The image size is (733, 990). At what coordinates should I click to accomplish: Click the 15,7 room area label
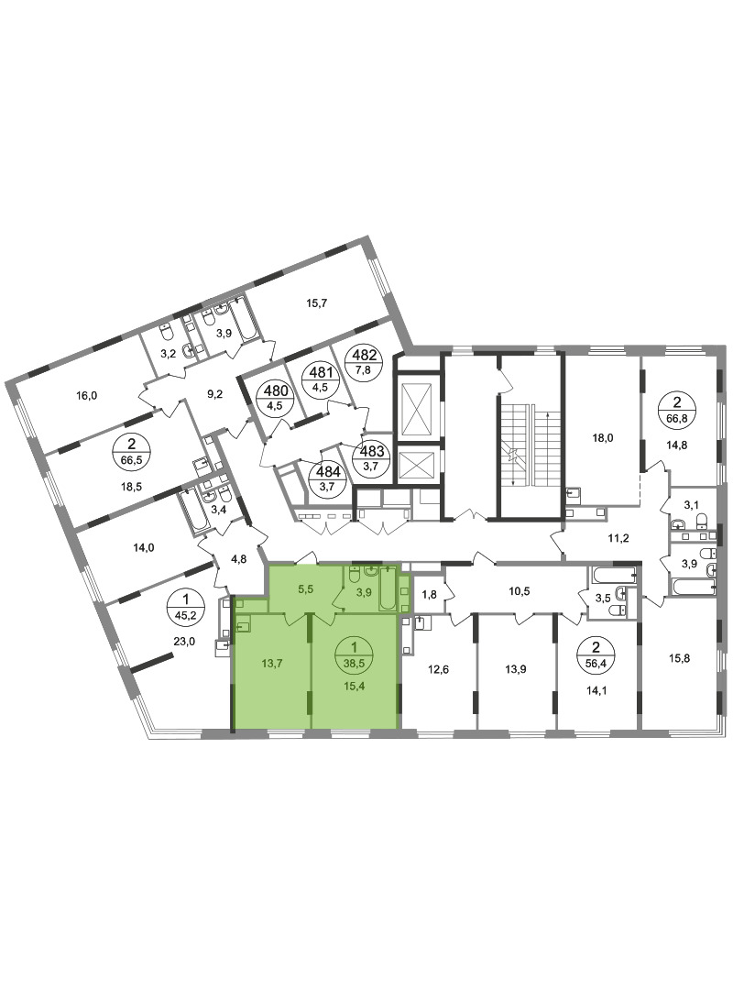pyautogui.click(x=316, y=303)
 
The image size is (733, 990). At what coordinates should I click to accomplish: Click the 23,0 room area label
pyautogui.click(x=184, y=642)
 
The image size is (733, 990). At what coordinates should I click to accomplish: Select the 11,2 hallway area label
pyautogui.click(x=618, y=538)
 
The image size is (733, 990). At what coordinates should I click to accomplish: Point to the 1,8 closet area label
pyautogui.click(x=429, y=594)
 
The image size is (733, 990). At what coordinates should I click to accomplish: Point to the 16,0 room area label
pyautogui.click(x=86, y=396)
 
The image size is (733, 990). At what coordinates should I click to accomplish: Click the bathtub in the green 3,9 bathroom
pyautogui.click(x=387, y=588)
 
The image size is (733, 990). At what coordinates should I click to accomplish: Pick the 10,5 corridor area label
pyautogui.click(x=520, y=590)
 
